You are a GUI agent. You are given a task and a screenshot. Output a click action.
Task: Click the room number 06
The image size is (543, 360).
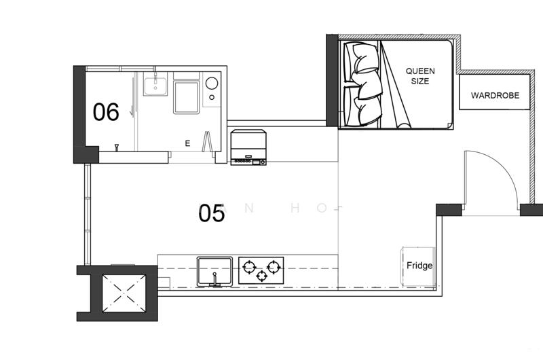106,112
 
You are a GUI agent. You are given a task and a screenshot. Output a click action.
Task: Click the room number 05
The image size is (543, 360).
211,214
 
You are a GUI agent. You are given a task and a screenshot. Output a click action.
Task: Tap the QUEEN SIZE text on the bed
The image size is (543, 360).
419,75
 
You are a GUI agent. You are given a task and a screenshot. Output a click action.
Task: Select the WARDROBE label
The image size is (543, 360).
495,96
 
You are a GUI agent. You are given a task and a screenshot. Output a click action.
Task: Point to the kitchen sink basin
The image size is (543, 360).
214,270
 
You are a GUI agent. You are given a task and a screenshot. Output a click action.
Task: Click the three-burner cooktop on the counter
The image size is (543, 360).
261,270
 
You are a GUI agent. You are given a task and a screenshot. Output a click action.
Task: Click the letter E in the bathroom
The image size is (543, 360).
188,143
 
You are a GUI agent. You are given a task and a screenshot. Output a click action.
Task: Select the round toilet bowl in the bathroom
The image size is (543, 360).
212,84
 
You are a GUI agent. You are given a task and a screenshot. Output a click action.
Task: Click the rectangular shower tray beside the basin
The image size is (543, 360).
186,96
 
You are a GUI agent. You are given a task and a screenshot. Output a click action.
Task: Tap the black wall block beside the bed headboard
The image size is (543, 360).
332,82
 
